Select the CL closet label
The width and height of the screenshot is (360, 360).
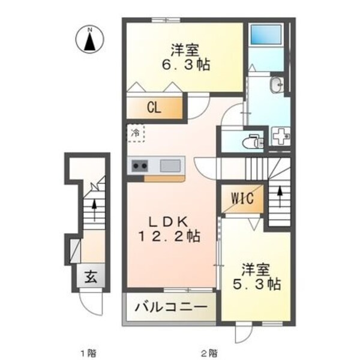[154, 109]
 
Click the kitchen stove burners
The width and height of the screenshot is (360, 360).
[140, 166]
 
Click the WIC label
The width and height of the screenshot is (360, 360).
[241, 197]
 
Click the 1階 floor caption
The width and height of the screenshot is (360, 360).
[89, 352]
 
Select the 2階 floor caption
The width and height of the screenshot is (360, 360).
[208, 352]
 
